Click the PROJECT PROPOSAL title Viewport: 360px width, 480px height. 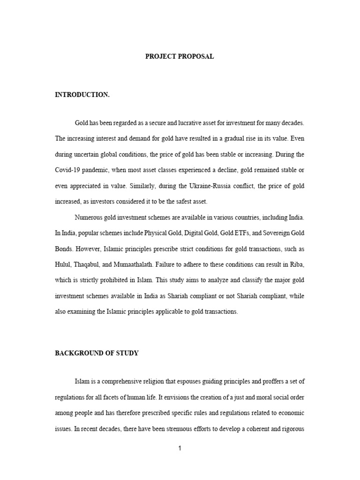click(x=180, y=56)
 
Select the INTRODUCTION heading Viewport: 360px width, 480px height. click(x=82, y=95)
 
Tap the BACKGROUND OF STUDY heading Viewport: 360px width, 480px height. click(x=97, y=353)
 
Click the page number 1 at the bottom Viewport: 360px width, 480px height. click(x=180, y=448)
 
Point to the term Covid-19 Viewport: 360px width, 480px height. click(x=68, y=170)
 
